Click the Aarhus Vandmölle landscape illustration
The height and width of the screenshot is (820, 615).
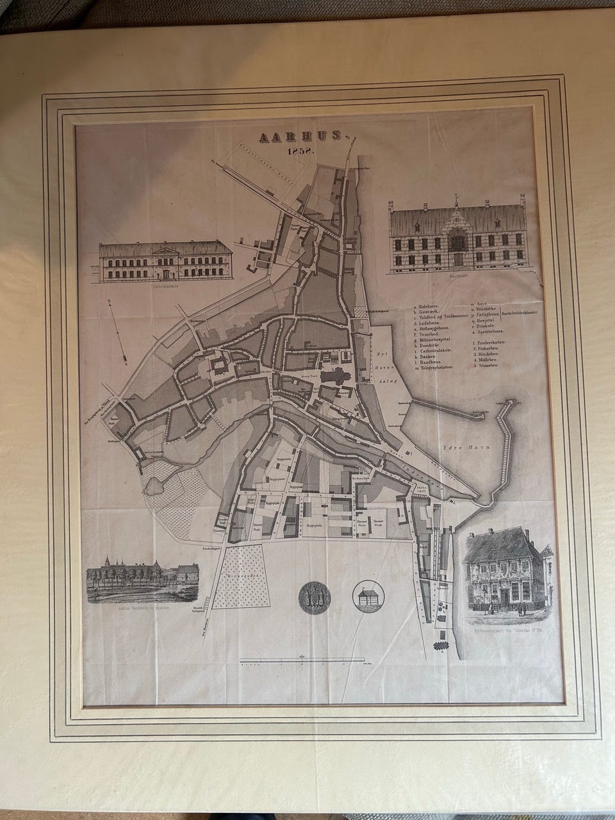pyautogui.click(x=142, y=584)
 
